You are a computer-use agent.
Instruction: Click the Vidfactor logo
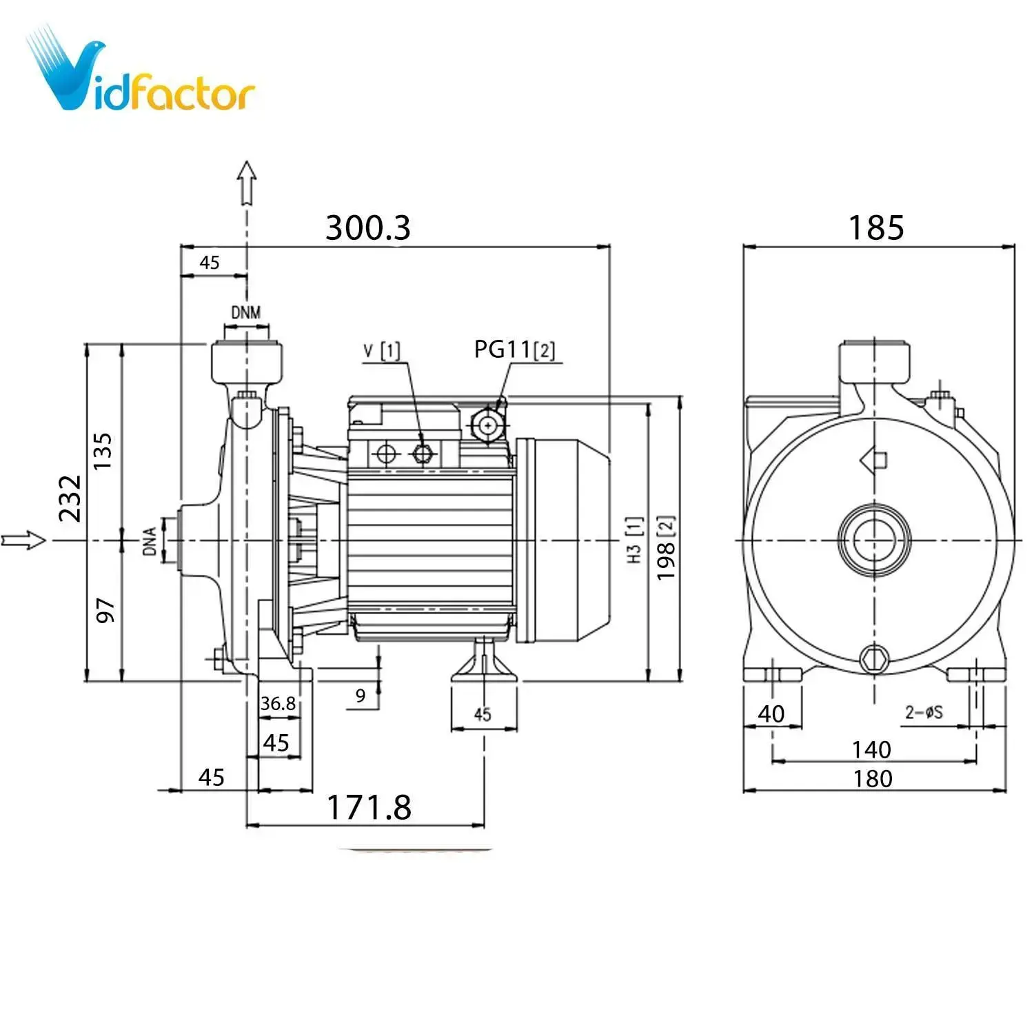tap(141, 72)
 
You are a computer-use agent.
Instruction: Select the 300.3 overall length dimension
tap(367, 227)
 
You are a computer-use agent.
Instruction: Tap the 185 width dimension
tap(875, 227)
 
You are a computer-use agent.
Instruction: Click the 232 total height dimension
tap(70, 498)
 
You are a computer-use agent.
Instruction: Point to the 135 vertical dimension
tap(103, 452)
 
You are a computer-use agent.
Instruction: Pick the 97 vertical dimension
tap(105, 611)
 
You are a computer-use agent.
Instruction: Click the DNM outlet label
tap(246, 312)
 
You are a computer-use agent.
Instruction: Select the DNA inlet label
tap(150, 541)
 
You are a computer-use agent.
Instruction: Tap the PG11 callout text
tap(514, 349)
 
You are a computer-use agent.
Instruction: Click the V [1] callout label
tap(381, 351)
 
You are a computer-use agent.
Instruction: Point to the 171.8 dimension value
tap(369, 807)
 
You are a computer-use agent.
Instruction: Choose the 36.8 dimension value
tap(278, 703)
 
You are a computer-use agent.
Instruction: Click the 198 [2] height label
tap(665, 548)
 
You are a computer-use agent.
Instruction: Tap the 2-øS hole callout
tap(924, 712)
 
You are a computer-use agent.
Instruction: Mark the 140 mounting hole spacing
tap(871, 749)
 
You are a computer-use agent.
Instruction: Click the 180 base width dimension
tap(873, 778)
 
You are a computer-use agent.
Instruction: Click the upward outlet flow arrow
tap(247, 183)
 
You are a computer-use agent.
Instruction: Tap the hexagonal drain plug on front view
tap(874, 659)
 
